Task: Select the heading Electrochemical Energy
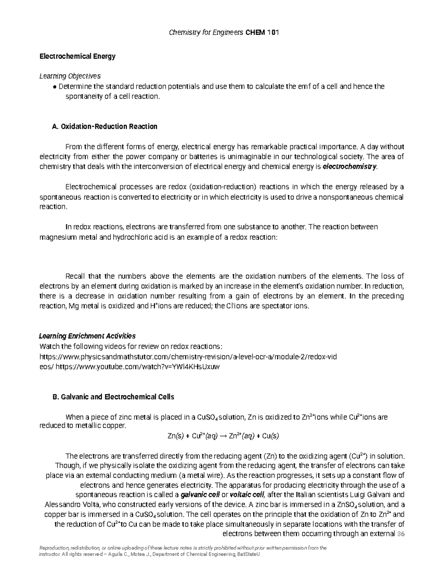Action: point(77,56)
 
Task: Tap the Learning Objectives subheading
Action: point(70,76)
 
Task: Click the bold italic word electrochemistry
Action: point(350,166)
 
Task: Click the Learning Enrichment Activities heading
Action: point(87,336)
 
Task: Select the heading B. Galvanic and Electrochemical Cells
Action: point(113,397)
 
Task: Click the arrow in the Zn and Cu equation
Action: point(222,436)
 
